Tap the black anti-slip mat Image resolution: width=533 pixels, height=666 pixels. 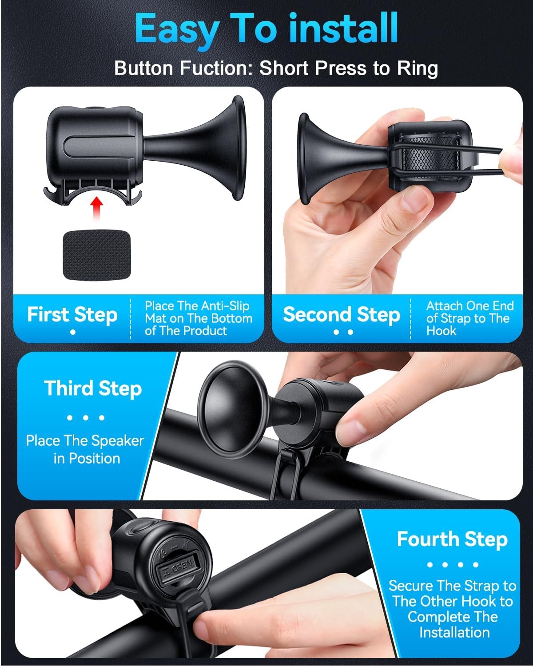[x=97, y=255]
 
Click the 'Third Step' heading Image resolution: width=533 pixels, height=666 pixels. [x=93, y=388]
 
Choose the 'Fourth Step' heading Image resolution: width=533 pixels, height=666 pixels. [x=453, y=539]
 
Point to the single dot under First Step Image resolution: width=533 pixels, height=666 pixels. [x=73, y=332]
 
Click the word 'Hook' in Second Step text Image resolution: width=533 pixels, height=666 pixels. [x=441, y=331]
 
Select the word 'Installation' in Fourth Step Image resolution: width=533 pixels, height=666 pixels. [x=454, y=632]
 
